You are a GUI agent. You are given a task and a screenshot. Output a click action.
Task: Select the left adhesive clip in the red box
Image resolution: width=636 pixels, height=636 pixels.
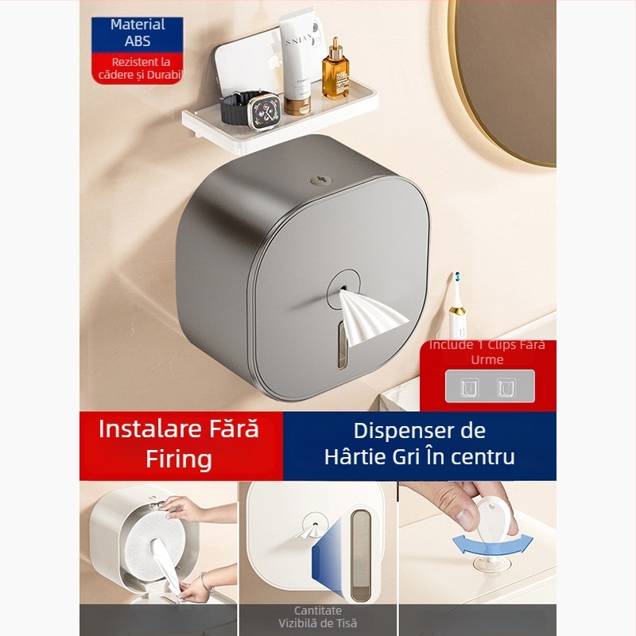(469, 388)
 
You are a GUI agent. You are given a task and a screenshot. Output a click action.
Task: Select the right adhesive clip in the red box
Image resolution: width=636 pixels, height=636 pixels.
(504, 388)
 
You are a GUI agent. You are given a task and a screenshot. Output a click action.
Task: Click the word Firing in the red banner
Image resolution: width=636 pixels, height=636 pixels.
(178, 459)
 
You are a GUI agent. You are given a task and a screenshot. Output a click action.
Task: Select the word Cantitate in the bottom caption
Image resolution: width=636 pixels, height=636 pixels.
(317, 610)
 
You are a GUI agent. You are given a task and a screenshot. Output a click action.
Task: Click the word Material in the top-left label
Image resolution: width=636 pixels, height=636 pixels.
(137, 25)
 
